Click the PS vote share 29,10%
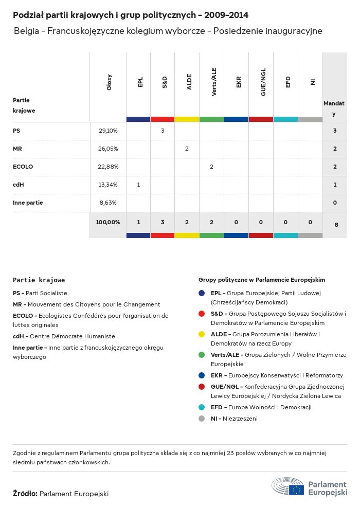[x=108, y=131]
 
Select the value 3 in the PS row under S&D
[x=163, y=131]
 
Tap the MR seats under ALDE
[x=187, y=149]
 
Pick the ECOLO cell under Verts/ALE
[x=211, y=167]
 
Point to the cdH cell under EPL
[x=138, y=185]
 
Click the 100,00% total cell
[x=108, y=222]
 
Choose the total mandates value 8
[x=335, y=225]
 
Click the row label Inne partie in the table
[x=28, y=203]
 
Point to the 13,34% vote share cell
[x=108, y=185]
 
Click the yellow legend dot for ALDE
[x=202, y=334]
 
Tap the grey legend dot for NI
[x=202, y=419]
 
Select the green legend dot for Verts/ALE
[x=202, y=355]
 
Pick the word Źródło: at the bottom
[x=25, y=494]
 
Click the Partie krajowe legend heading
[x=39, y=280]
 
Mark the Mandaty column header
[x=334, y=108]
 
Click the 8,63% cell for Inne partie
[x=108, y=203]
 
